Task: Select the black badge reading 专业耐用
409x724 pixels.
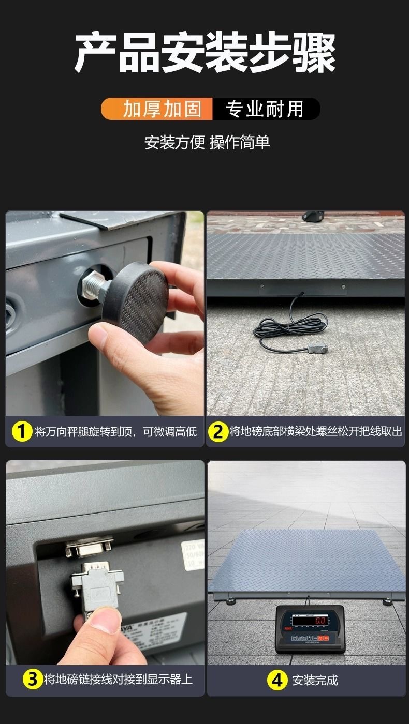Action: [x=265, y=109]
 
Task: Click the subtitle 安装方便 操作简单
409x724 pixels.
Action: [x=207, y=142]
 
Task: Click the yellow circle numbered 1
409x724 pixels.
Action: [x=22, y=431]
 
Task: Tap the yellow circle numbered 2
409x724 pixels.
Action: [x=218, y=431]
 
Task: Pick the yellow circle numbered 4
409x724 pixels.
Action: [x=277, y=680]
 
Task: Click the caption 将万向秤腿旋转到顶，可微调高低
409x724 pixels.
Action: [x=115, y=432]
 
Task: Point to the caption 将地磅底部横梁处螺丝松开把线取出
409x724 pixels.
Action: [x=315, y=431]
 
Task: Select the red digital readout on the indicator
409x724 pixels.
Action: [x=319, y=621]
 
